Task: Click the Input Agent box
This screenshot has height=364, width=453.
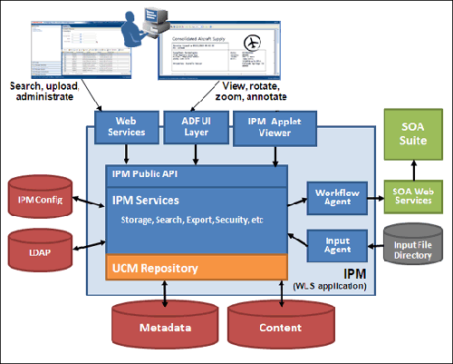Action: pos(333,244)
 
